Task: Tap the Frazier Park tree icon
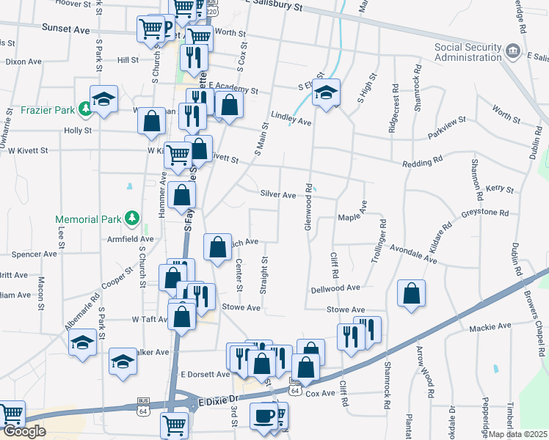click(x=86, y=109)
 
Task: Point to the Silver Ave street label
click(x=277, y=194)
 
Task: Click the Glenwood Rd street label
click(x=309, y=208)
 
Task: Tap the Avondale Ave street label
click(x=414, y=253)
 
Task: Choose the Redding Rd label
click(x=422, y=159)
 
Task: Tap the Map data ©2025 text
click(x=518, y=434)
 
